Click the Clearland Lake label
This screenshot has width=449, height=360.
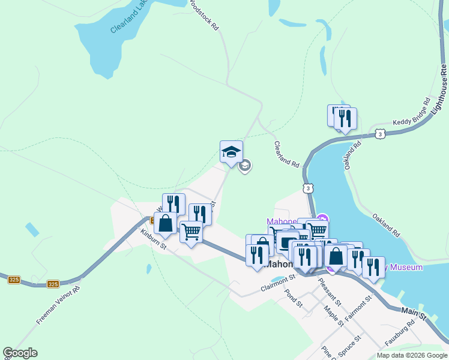[x=129, y=18]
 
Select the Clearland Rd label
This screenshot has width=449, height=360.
[x=286, y=154]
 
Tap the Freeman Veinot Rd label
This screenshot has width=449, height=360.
[x=58, y=306]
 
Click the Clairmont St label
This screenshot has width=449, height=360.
[x=279, y=282]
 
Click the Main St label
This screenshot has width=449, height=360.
[x=414, y=313]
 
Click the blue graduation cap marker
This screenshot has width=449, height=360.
[x=231, y=152]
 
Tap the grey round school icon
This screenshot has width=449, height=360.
[x=244, y=166]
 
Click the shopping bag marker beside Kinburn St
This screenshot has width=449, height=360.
[x=165, y=223]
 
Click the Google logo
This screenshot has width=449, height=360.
[x=20, y=353]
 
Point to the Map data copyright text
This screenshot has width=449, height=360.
[x=412, y=355]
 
